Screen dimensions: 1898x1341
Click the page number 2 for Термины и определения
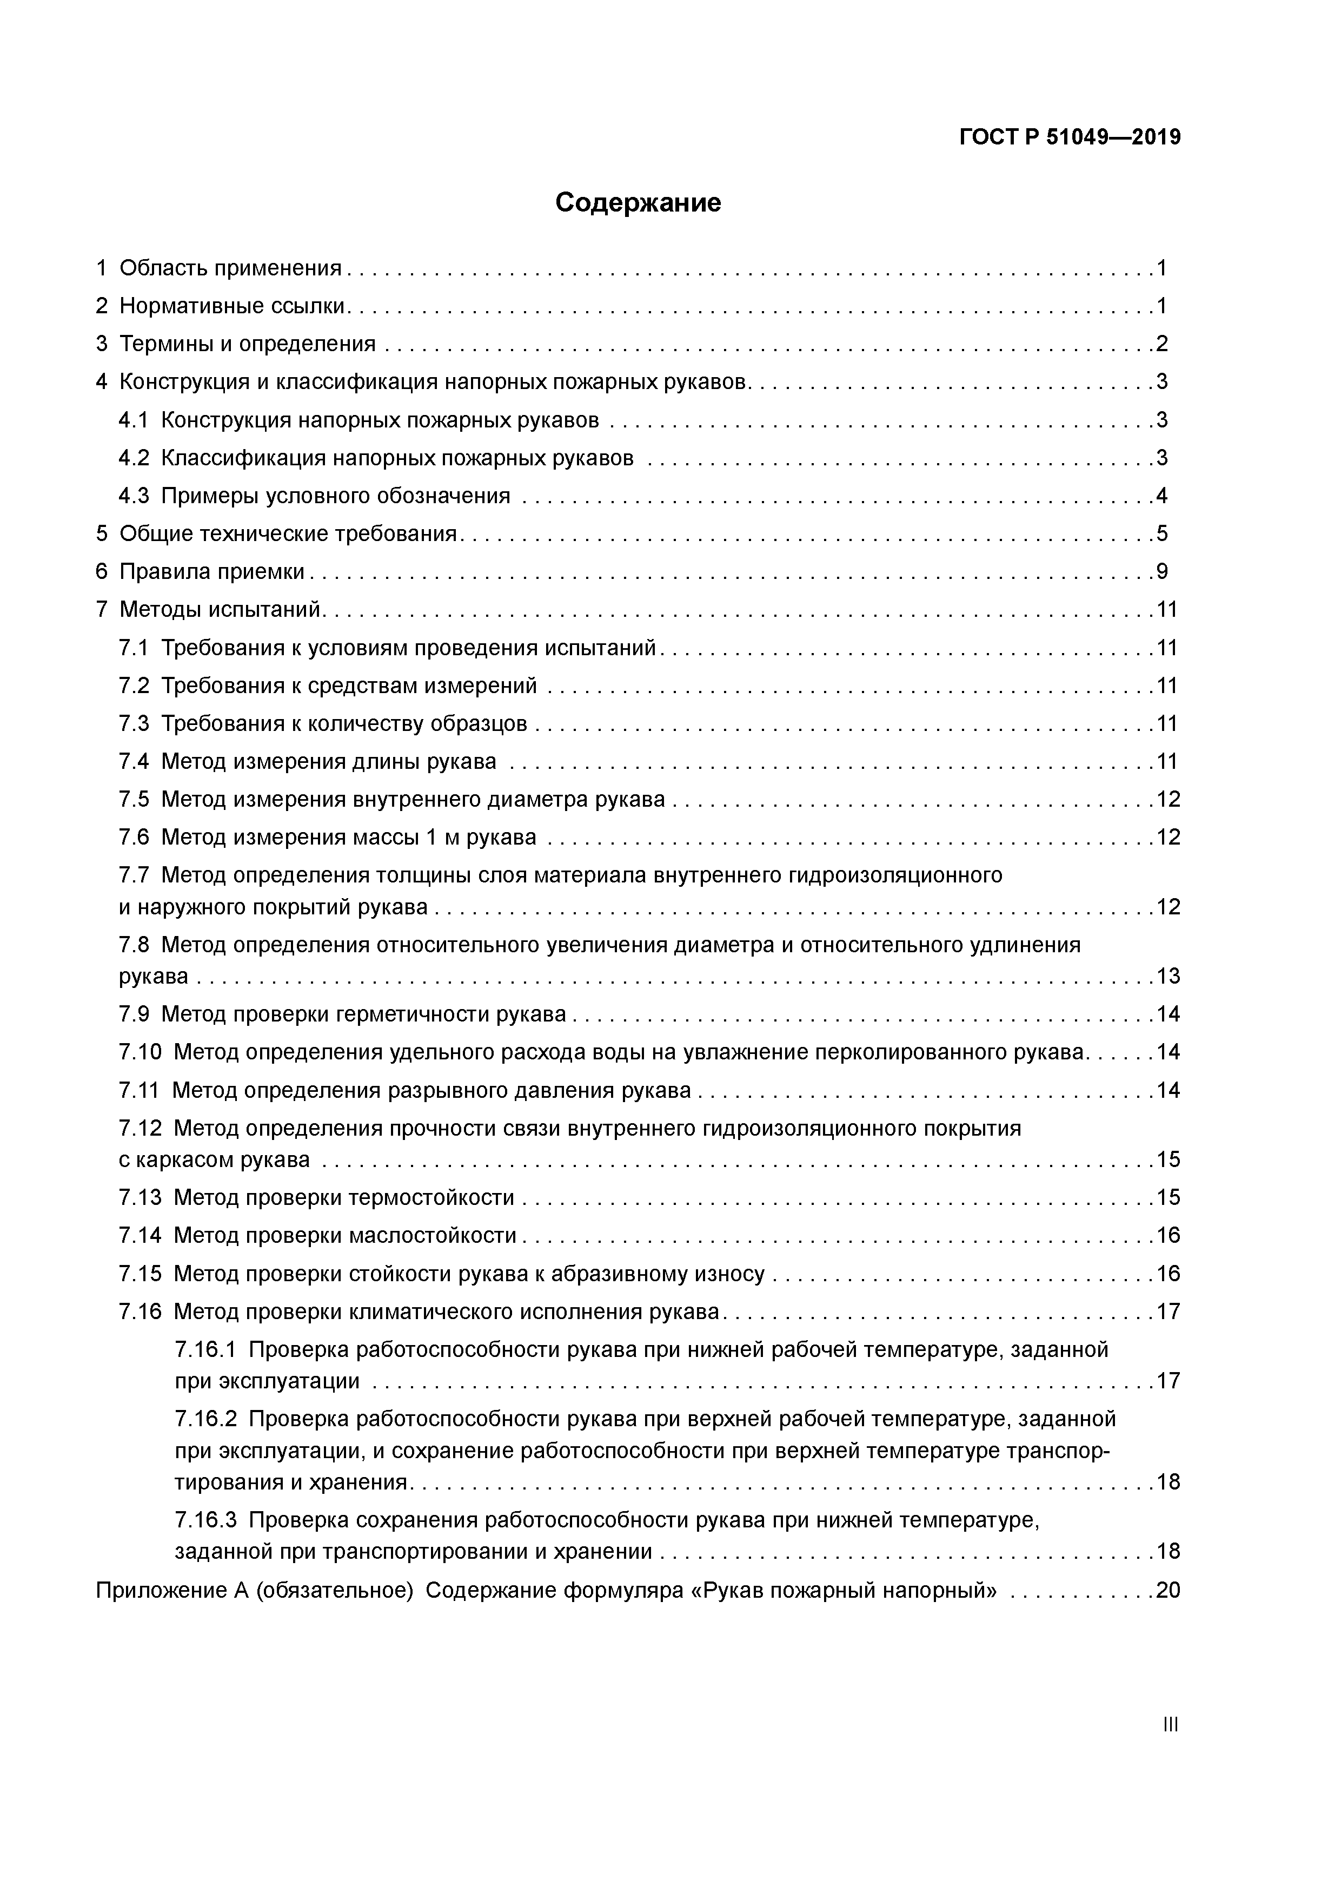1161,344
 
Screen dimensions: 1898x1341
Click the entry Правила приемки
211,572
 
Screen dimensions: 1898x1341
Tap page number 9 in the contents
1161,572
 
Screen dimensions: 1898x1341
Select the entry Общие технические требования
288,534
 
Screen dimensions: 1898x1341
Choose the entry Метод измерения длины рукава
328,761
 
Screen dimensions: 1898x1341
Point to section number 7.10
140,1052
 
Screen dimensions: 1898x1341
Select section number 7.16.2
205,1419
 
